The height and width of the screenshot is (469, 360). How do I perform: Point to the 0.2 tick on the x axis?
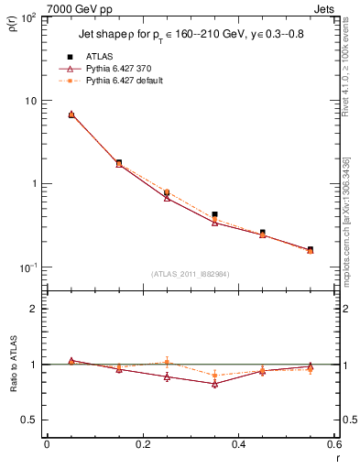(x=142, y=444)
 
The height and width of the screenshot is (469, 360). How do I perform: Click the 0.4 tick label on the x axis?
(x=238, y=444)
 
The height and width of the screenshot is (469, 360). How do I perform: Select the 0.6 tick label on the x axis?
(x=333, y=444)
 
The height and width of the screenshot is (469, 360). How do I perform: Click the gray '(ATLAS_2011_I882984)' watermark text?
(x=190, y=273)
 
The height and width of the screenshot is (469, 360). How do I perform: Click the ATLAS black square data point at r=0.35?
(x=214, y=214)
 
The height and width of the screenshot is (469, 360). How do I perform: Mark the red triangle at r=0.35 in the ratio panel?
(x=214, y=384)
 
